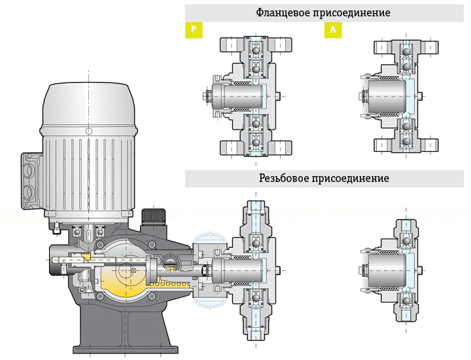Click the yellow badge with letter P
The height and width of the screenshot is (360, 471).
point(192,30)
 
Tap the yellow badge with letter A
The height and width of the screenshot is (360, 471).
point(332,30)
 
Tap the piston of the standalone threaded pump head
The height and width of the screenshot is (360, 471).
point(385,269)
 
